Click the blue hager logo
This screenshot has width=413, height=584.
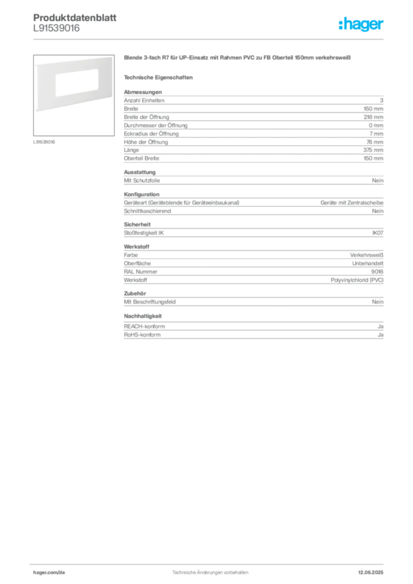click(x=362, y=25)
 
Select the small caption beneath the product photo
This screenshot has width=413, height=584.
click(x=46, y=142)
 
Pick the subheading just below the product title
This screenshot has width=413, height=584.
click(x=160, y=77)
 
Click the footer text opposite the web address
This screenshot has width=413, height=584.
click(x=373, y=569)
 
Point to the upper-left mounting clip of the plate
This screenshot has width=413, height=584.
click(x=36, y=66)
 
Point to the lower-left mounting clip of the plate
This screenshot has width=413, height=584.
click(x=36, y=109)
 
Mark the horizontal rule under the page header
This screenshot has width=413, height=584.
click(x=210, y=39)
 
